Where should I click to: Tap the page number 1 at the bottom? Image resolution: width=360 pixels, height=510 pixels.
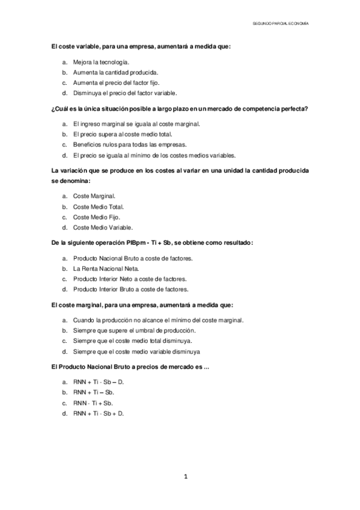(x=186, y=477)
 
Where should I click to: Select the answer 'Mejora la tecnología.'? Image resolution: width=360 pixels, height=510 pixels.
(x=101, y=62)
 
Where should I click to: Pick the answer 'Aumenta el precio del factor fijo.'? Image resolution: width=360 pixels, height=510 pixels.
(x=117, y=82)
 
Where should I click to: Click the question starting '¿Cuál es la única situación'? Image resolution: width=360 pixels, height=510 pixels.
(x=180, y=109)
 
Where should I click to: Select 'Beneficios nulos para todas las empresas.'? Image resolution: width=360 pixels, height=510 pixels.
(x=130, y=144)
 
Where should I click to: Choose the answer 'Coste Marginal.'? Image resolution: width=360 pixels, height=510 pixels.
(x=94, y=196)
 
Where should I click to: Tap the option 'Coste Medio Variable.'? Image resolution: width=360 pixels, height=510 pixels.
(x=103, y=227)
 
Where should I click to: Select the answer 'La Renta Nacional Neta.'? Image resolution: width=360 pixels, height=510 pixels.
(x=106, y=268)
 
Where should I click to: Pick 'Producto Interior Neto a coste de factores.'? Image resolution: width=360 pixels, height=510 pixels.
(x=130, y=278)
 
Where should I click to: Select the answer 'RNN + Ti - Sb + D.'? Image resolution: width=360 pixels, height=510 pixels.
(x=98, y=413)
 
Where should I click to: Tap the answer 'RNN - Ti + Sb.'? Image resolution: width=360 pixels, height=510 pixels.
(x=93, y=403)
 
